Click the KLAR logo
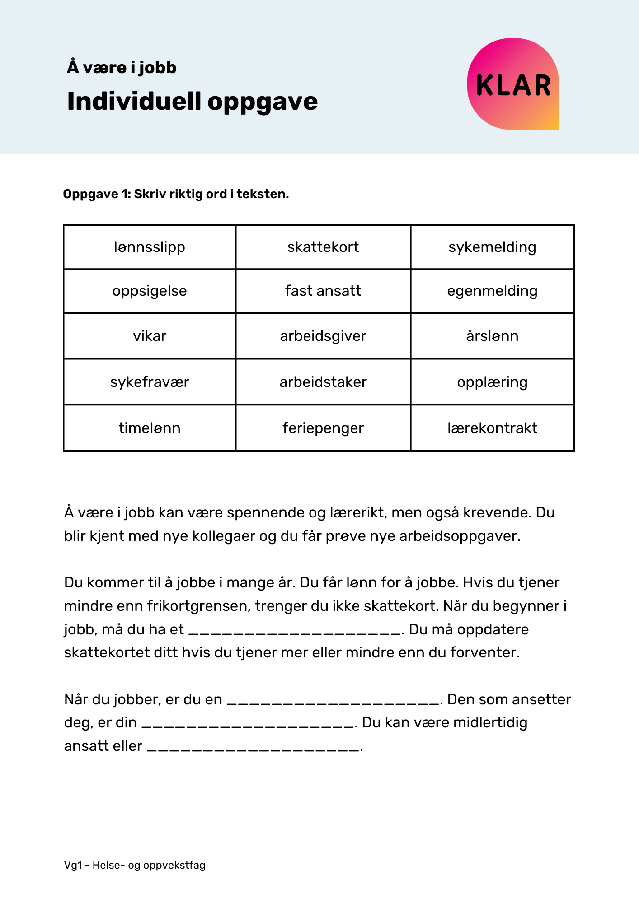click(513, 84)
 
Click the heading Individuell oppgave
click(192, 101)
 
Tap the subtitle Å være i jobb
click(122, 68)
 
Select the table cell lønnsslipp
click(150, 247)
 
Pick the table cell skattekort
click(323, 247)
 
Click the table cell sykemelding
click(492, 247)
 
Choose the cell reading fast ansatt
click(323, 291)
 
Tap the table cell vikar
click(150, 336)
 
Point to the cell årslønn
click(492, 336)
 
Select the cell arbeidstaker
click(323, 382)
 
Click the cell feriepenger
click(323, 428)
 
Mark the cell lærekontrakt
click(492, 428)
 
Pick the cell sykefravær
click(150, 382)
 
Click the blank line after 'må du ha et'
click(295, 630)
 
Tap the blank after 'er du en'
click(333, 700)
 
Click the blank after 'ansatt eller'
click(254, 747)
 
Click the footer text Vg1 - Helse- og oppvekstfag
click(135, 865)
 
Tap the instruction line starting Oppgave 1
click(176, 194)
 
